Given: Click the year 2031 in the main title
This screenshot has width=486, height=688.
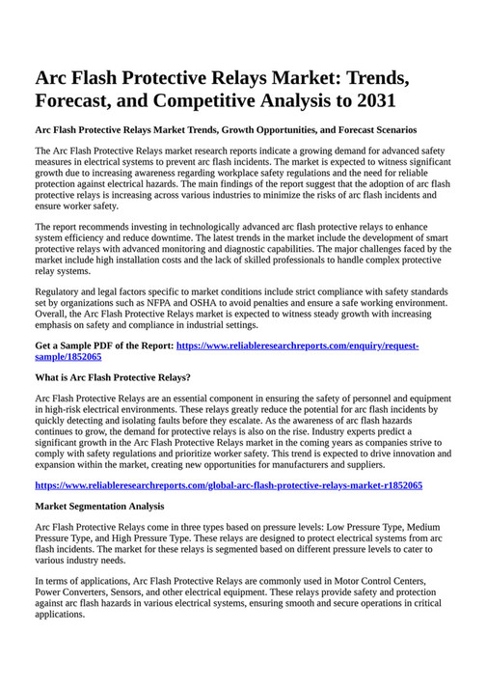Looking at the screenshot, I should pos(367,99).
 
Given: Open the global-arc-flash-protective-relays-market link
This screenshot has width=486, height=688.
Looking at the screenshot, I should pos(229,484).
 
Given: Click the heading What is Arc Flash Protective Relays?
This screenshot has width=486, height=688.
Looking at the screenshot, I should pos(113,377).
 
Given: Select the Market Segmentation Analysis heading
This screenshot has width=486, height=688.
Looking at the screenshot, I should pos(99,506).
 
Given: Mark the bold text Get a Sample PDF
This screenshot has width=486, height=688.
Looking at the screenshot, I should pos(74,344).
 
